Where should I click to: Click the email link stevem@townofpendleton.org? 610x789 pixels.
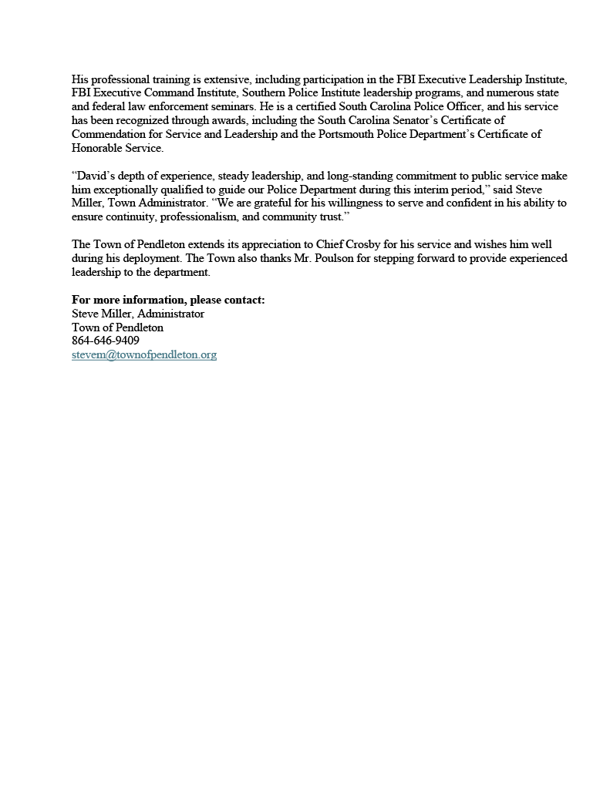(x=144, y=355)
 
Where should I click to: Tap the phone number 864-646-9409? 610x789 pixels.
(x=106, y=341)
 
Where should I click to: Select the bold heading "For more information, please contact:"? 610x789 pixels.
(x=168, y=300)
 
